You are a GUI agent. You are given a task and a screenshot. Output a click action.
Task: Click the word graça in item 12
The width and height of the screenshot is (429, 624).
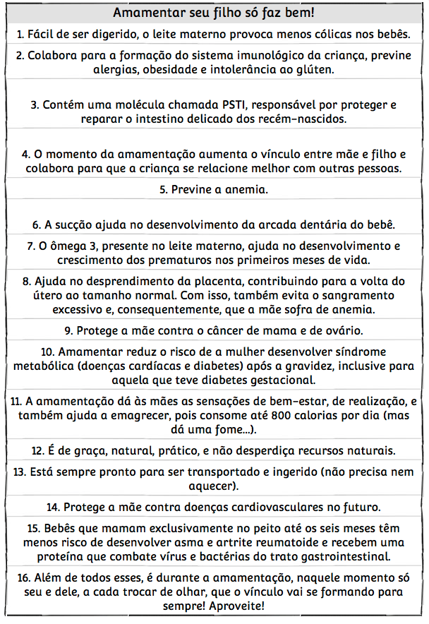(x=87, y=450)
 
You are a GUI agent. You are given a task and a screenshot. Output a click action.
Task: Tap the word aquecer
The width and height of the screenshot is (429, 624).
(x=212, y=486)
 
